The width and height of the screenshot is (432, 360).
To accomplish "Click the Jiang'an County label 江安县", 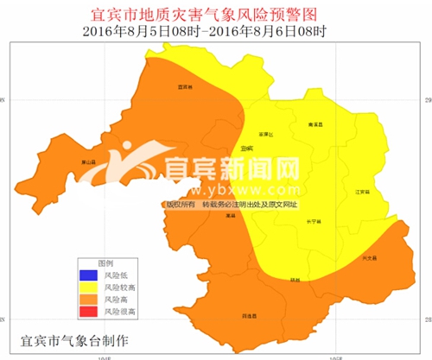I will [362, 192].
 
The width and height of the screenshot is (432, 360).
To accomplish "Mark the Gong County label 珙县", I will [295, 279].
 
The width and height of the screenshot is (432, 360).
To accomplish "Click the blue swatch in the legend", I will [87, 275].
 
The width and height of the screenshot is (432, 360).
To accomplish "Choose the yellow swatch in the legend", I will [87, 287].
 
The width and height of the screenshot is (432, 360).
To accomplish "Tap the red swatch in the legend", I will [87, 310].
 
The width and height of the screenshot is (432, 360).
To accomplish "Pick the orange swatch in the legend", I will [87, 299].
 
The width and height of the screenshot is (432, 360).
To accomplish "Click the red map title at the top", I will [216, 16].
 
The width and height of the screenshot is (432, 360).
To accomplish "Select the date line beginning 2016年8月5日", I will [216, 32].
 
